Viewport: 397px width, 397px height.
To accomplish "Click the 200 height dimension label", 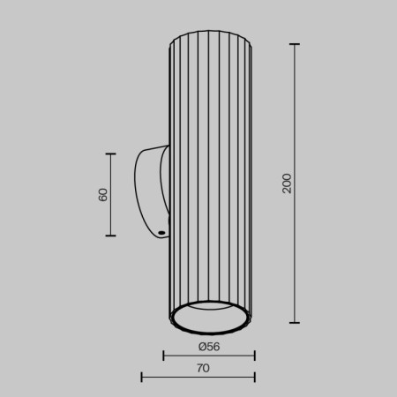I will click(287, 184).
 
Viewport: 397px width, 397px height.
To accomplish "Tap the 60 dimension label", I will click(103, 194).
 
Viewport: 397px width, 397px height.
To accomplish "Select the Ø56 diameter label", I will click(209, 346).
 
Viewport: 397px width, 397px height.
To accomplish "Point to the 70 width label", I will click(204, 368).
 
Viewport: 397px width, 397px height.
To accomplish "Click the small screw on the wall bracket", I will click(162, 233).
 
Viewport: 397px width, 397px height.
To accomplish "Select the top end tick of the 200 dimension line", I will click(295, 44).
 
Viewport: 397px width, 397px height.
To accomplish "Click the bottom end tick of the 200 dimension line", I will click(295, 322).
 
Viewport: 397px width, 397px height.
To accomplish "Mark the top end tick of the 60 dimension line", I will click(111, 154).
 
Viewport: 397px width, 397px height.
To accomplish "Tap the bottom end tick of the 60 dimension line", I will click(111, 236).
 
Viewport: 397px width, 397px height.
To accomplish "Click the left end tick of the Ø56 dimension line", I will click(165, 356).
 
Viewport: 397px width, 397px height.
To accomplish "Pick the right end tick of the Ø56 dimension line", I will click(254, 356).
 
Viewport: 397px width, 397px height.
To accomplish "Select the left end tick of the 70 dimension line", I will click(142, 378).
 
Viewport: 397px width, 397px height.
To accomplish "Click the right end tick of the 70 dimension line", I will click(254, 378).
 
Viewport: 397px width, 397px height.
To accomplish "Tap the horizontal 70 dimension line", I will click(176, 378).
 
